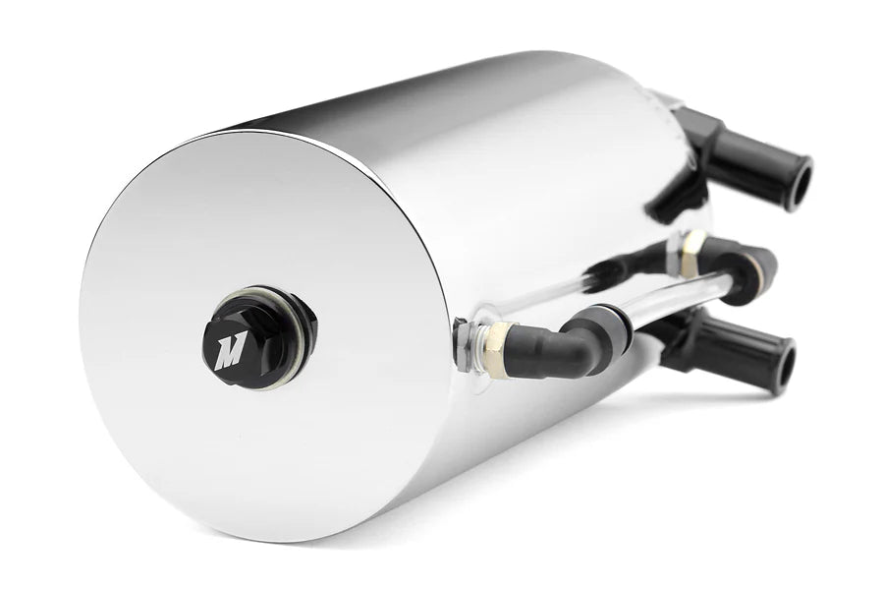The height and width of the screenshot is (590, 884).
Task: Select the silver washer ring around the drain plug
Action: pyautogui.click(x=292, y=313)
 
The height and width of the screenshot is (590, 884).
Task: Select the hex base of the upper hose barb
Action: pyautogui.click(x=709, y=138)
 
